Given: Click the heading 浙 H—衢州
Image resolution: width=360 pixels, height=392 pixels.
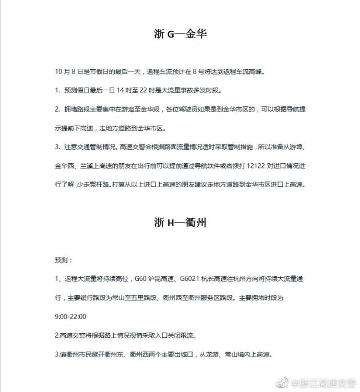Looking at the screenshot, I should tap(180, 223).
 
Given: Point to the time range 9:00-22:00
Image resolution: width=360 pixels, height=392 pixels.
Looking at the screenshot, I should tap(70, 316).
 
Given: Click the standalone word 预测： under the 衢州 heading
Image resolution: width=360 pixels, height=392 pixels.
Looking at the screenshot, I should tap(64, 259).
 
